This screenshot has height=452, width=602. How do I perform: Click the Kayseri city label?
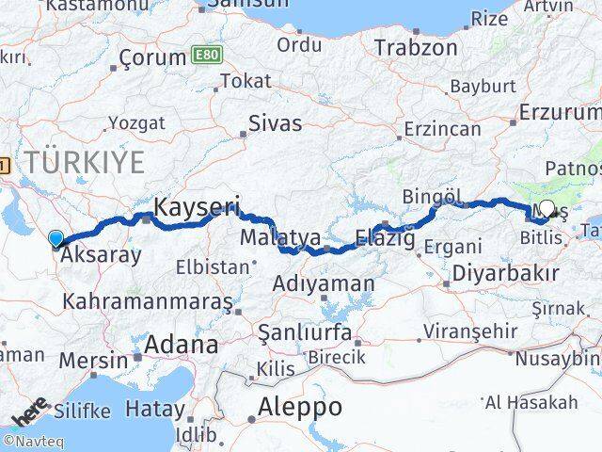(x=198, y=206)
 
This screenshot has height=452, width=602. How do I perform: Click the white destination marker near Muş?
(x=547, y=209)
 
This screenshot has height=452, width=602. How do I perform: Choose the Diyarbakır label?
(x=505, y=274)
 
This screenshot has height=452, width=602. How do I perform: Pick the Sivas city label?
(x=276, y=122)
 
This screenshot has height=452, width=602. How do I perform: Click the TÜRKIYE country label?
(x=86, y=162)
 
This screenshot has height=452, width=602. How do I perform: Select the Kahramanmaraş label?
(x=148, y=302)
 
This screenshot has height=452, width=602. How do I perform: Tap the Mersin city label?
(x=94, y=361)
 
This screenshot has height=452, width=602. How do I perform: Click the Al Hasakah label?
(x=545, y=402)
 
